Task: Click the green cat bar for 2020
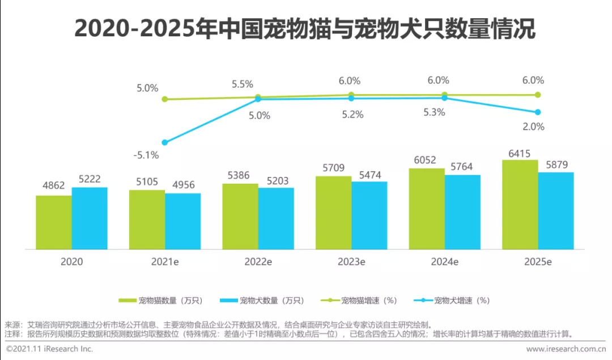54,222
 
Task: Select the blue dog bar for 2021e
183,221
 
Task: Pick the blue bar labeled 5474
369,215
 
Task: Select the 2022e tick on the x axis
258,262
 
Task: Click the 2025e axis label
538,262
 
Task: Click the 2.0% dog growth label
533,126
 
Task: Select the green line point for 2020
165,99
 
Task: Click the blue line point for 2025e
538,112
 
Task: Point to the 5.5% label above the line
242,84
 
